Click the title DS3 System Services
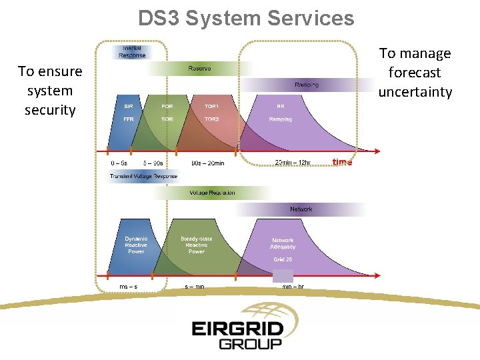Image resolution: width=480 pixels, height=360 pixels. coord(246,18)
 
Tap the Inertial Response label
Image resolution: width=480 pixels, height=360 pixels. coord(132,51)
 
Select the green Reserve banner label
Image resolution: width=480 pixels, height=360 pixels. coord(199,68)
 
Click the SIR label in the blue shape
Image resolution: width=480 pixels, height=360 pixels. coord(128,106)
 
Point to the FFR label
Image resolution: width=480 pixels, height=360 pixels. coord(128,119)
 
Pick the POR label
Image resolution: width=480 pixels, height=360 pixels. coord(167,106)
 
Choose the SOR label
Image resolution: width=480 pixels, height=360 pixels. coord(167,119)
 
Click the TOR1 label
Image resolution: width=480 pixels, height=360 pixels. coord(211,106)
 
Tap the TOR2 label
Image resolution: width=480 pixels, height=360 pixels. coord(211,119)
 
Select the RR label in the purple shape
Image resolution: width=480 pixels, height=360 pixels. coord(280,106)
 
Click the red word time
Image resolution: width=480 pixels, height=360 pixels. coord(342,162)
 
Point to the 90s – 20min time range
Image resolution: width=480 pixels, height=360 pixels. coord(207,163)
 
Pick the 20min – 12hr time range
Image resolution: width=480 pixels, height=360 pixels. coord(293,162)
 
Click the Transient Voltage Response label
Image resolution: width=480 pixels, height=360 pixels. coord(143,177)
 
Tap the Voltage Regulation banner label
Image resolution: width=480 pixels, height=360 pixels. coord(212,193)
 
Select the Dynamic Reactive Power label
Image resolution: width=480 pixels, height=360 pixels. coord(136,245)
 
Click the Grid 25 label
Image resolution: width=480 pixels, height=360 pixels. coord(283,259)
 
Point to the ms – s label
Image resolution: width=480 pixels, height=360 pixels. coord(128,287)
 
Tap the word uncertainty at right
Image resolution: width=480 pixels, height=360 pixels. coord(415,92)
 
